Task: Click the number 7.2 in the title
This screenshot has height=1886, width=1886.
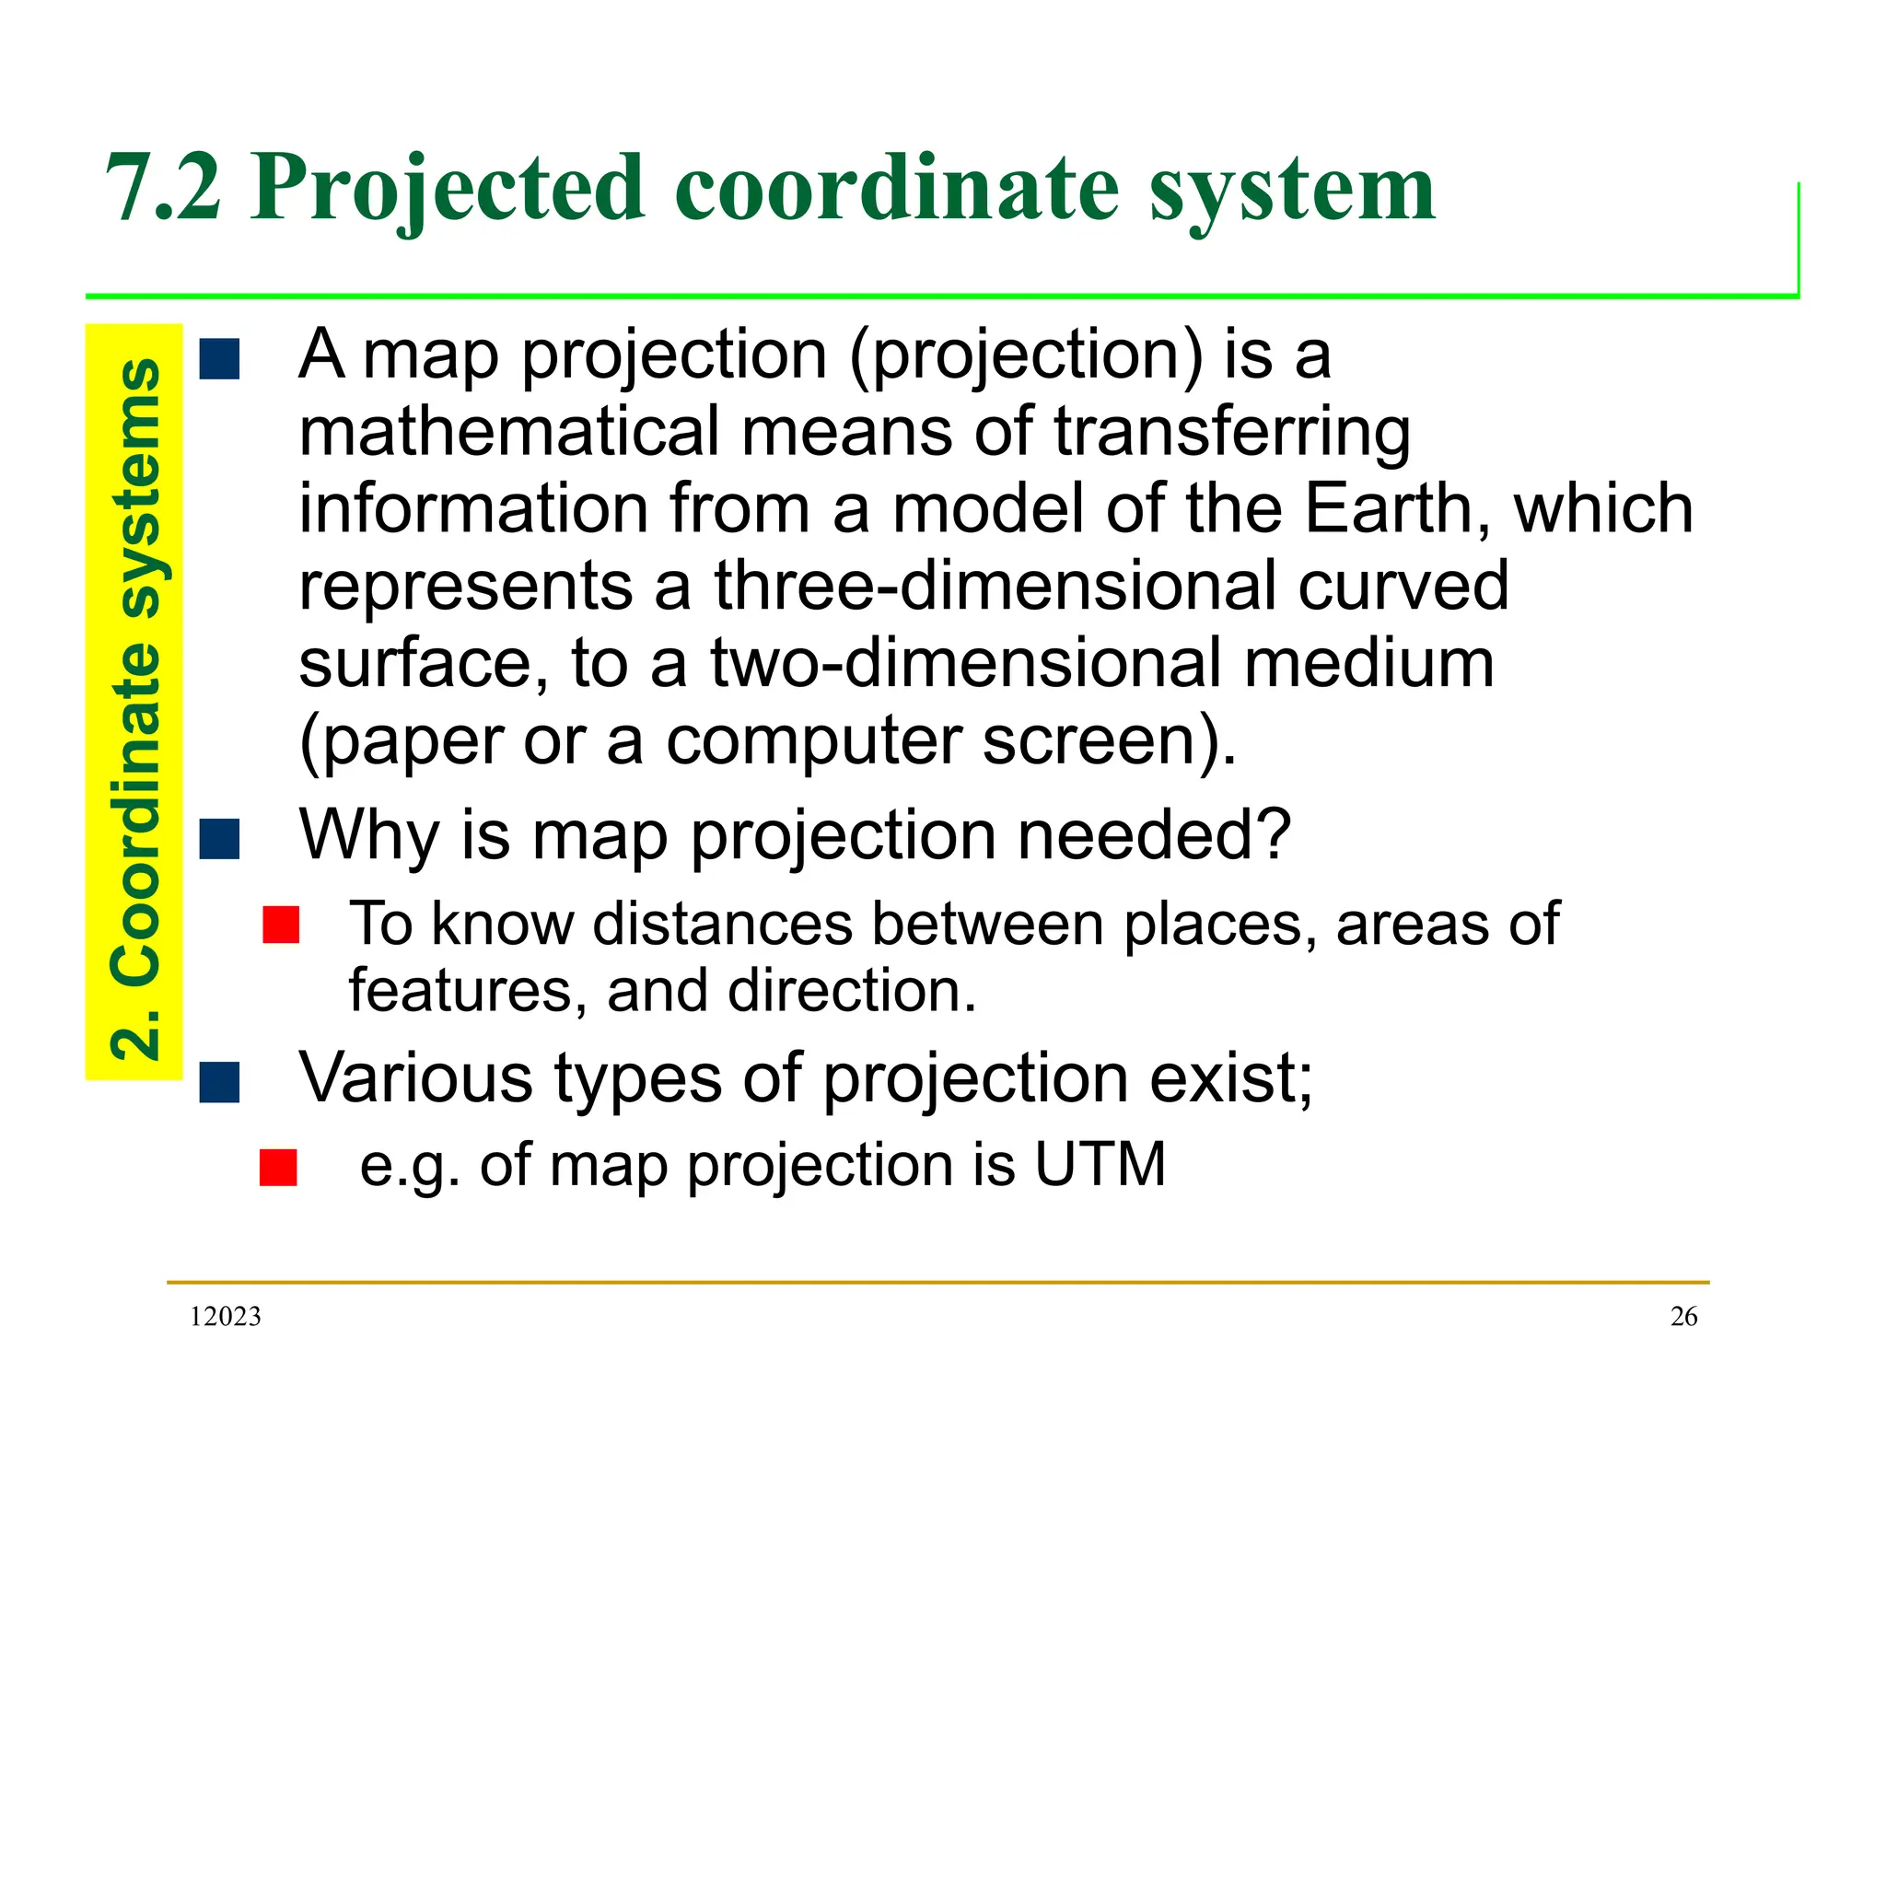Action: (x=164, y=188)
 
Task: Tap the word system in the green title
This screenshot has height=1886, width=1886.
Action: (x=1291, y=188)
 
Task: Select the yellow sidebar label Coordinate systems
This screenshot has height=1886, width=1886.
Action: (x=134, y=709)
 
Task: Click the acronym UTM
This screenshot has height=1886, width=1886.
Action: (x=1100, y=1165)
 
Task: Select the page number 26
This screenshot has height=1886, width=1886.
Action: (x=1684, y=1317)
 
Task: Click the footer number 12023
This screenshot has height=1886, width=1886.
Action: (x=226, y=1317)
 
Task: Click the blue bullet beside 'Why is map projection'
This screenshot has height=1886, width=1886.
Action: (x=220, y=839)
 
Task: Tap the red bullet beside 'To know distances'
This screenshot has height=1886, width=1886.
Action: (x=281, y=925)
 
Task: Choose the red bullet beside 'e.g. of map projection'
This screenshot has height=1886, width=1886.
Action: (x=278, y=1167)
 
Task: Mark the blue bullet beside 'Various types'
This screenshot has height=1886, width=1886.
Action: (x=220, y=1082)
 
